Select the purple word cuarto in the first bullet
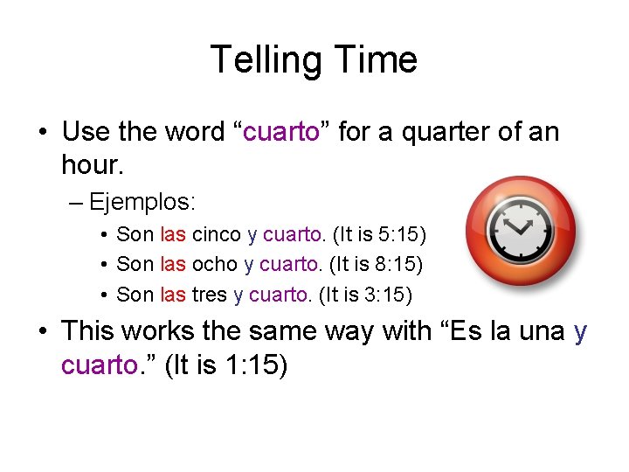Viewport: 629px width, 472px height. [280, 133]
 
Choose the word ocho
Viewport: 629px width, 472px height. [214, 264]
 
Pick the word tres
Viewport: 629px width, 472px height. [209, 295]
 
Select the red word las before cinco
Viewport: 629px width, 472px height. [173, 234]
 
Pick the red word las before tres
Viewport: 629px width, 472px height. [173, 295]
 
